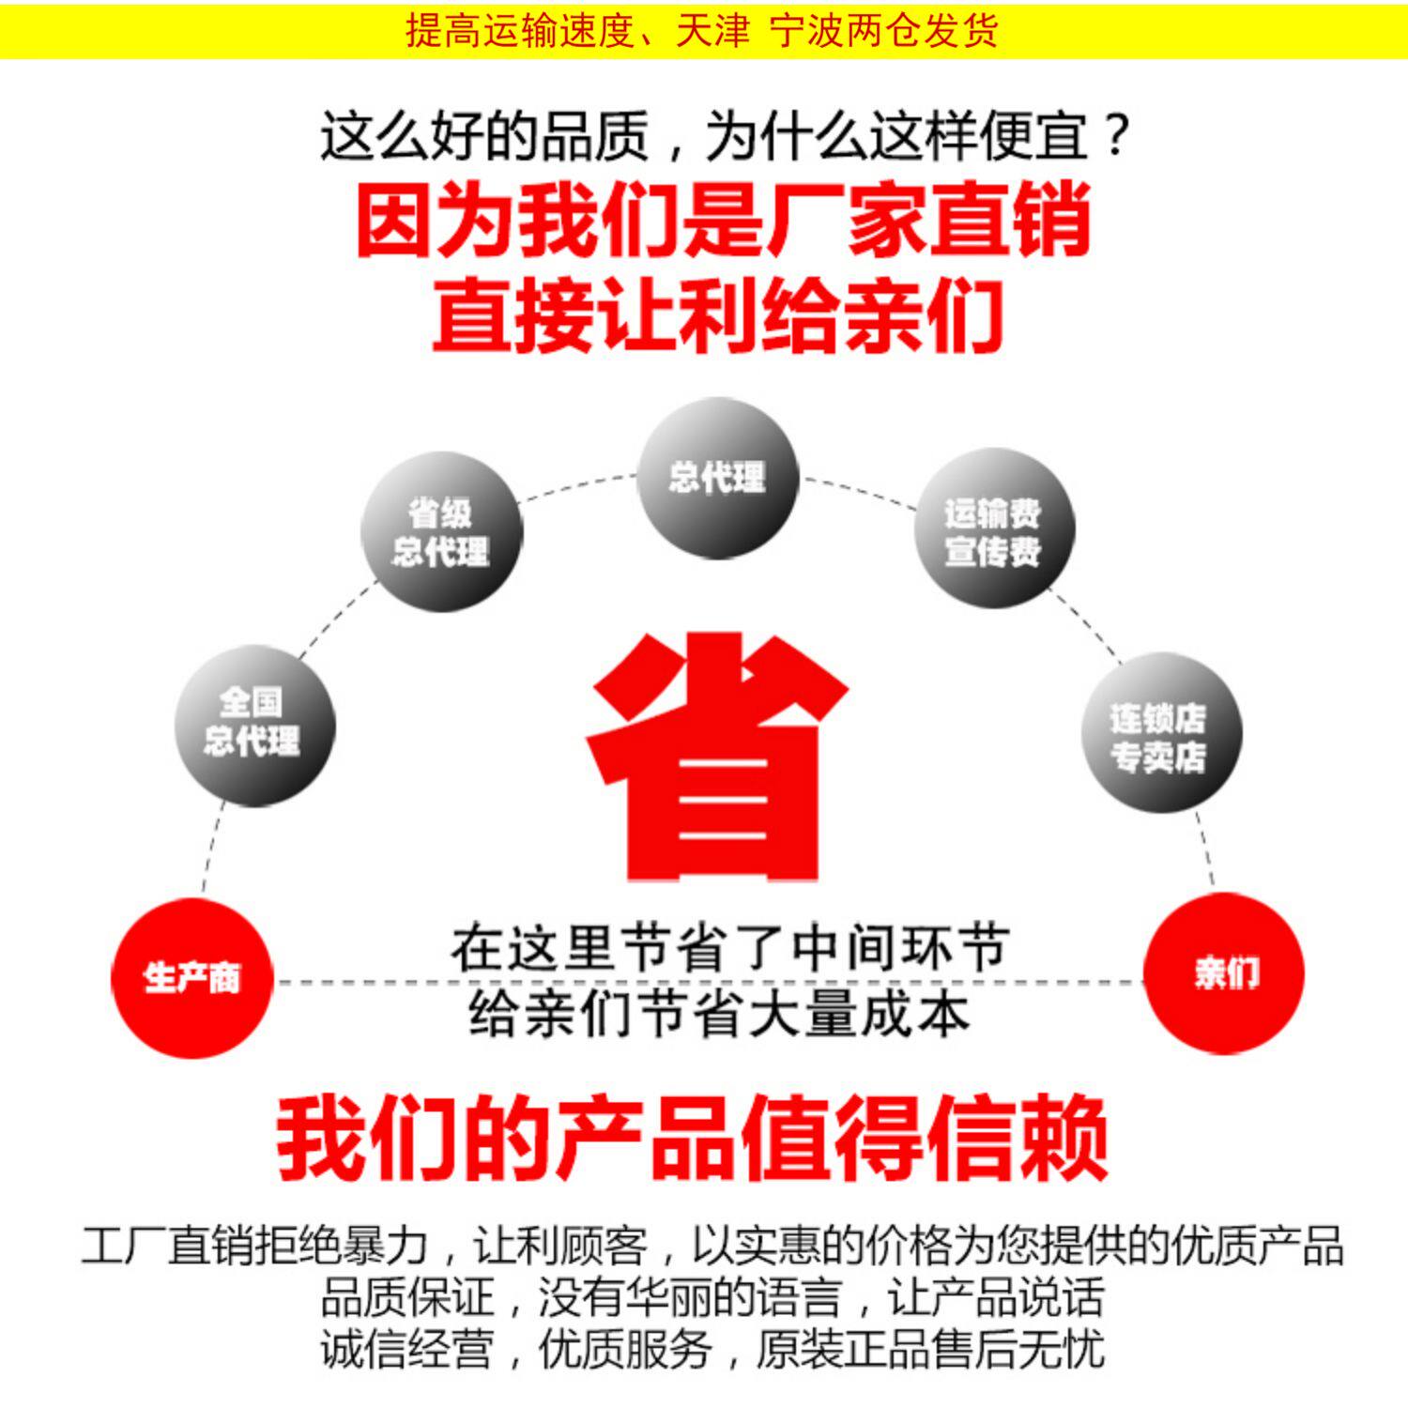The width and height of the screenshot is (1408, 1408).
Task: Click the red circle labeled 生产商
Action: pos(191,977)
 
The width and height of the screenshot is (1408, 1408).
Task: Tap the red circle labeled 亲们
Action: pos(1224,972)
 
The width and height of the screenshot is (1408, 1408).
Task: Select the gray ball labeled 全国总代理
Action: pos(254,725)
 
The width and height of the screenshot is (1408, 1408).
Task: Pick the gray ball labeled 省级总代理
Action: pos(441,531)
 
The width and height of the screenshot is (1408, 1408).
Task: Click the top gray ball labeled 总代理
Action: pos(717,478)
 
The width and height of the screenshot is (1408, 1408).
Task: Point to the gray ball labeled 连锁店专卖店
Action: pos(1162,732)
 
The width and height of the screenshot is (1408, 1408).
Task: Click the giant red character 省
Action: pos(718,756)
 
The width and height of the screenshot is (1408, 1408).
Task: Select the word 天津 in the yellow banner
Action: pos(712,31)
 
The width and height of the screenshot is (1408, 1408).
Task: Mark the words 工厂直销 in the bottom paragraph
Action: pos(166,1246)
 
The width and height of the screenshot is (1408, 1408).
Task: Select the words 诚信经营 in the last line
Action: pos(406,1349)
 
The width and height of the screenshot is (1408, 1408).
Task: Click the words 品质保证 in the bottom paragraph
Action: pos(406,1297)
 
